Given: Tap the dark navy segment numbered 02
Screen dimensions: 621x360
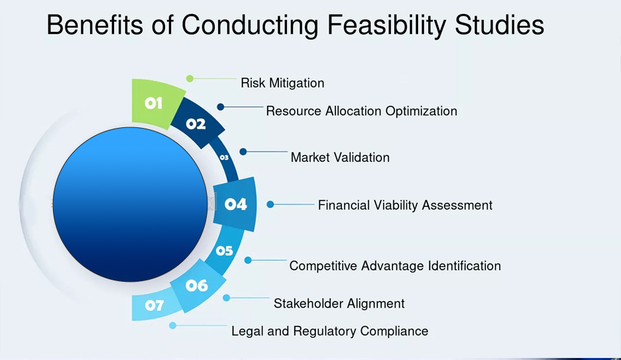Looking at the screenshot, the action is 197,123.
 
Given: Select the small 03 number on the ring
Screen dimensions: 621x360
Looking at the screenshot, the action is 224,157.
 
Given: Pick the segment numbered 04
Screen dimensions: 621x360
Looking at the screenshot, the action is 235,204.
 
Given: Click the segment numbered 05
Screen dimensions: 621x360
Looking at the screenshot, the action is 225,251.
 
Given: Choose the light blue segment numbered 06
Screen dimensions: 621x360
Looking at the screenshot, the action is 197,285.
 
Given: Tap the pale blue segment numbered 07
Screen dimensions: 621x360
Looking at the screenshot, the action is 154,306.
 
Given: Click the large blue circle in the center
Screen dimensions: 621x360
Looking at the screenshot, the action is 130,204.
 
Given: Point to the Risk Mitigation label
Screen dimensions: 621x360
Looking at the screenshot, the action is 282,83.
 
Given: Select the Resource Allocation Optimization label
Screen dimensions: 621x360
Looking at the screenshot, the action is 362,111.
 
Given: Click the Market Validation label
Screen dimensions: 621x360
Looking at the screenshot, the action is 340,157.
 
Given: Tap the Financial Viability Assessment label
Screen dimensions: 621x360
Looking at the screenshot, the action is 405,205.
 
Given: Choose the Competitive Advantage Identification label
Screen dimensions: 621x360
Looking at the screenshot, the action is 395,266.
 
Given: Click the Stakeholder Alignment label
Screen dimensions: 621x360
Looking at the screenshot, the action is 339,304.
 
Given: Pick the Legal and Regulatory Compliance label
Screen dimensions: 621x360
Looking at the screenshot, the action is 330,331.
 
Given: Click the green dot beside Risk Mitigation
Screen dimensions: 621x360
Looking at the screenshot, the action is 190,78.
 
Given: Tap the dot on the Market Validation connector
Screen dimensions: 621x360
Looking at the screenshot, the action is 243,152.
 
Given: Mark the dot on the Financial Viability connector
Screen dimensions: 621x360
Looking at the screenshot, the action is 270,204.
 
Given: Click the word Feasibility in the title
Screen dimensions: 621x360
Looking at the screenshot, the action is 386,25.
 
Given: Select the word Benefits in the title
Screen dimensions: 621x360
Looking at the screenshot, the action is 94,25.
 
